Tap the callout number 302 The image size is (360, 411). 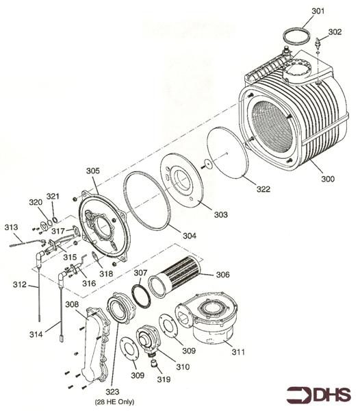tap(335, 32)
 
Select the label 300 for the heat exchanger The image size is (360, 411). tap(328, 179)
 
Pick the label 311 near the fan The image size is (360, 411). tap(237, 353)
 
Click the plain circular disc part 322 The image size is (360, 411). tap(230, 153)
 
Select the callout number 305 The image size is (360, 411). tap(92, 170)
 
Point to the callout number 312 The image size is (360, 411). tap(20, 284)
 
